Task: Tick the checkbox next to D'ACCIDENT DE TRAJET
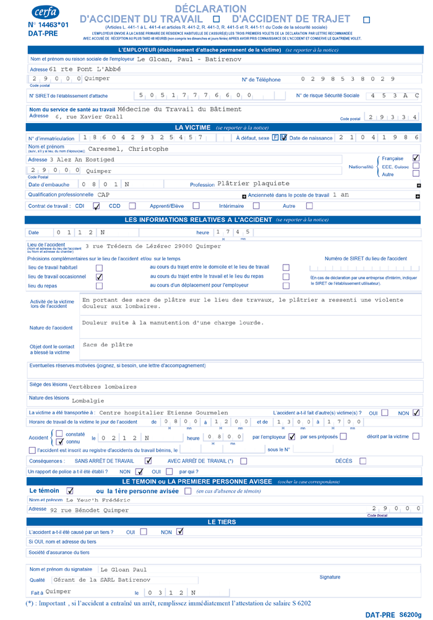pyautogui.click(x=366, y=20)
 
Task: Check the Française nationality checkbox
pyautogui.click(x=416, y=158)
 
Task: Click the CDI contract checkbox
pyautogui.click(x=96, y=206)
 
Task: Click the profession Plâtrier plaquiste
pyautogui.click(x=254, y=184)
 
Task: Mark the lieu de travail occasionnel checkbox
pyautogui.click(x=99, y=277)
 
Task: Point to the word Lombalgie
pyautogui.click(x=88, y=400)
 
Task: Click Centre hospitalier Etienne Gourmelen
pyautogui.click(x=155, y=412)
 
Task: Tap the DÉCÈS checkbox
pyautogui.click(x=362, y=461)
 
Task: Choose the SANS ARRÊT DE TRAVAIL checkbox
pyautogui.click(x=148, y=461)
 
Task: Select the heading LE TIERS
pyautogui.click(x=221, y=522)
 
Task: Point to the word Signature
pyautogui.click(x=330, y=577)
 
